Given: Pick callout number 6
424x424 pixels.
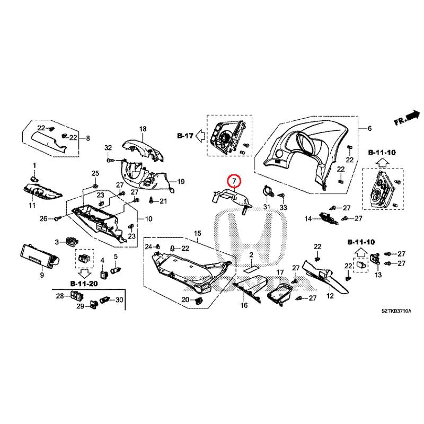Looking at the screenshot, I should (x=370, y=129).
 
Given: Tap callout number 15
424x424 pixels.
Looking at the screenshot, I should (x=198, y=234).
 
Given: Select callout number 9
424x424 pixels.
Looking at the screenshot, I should (x=42, y=275).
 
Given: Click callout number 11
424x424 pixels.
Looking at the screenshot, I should (x=32, y=205).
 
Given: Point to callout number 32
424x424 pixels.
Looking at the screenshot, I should (x=108, y=147).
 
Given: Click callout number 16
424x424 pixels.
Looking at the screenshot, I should (x=244, y=306).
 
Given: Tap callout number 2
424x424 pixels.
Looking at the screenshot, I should (x=251, y=255).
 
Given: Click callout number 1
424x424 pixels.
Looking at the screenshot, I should (x=34, y=166).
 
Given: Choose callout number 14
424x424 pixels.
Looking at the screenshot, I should (x=308, y=218).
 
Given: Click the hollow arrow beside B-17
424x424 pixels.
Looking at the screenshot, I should (x=199, y=136).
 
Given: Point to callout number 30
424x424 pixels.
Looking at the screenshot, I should (x=120, y=299).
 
